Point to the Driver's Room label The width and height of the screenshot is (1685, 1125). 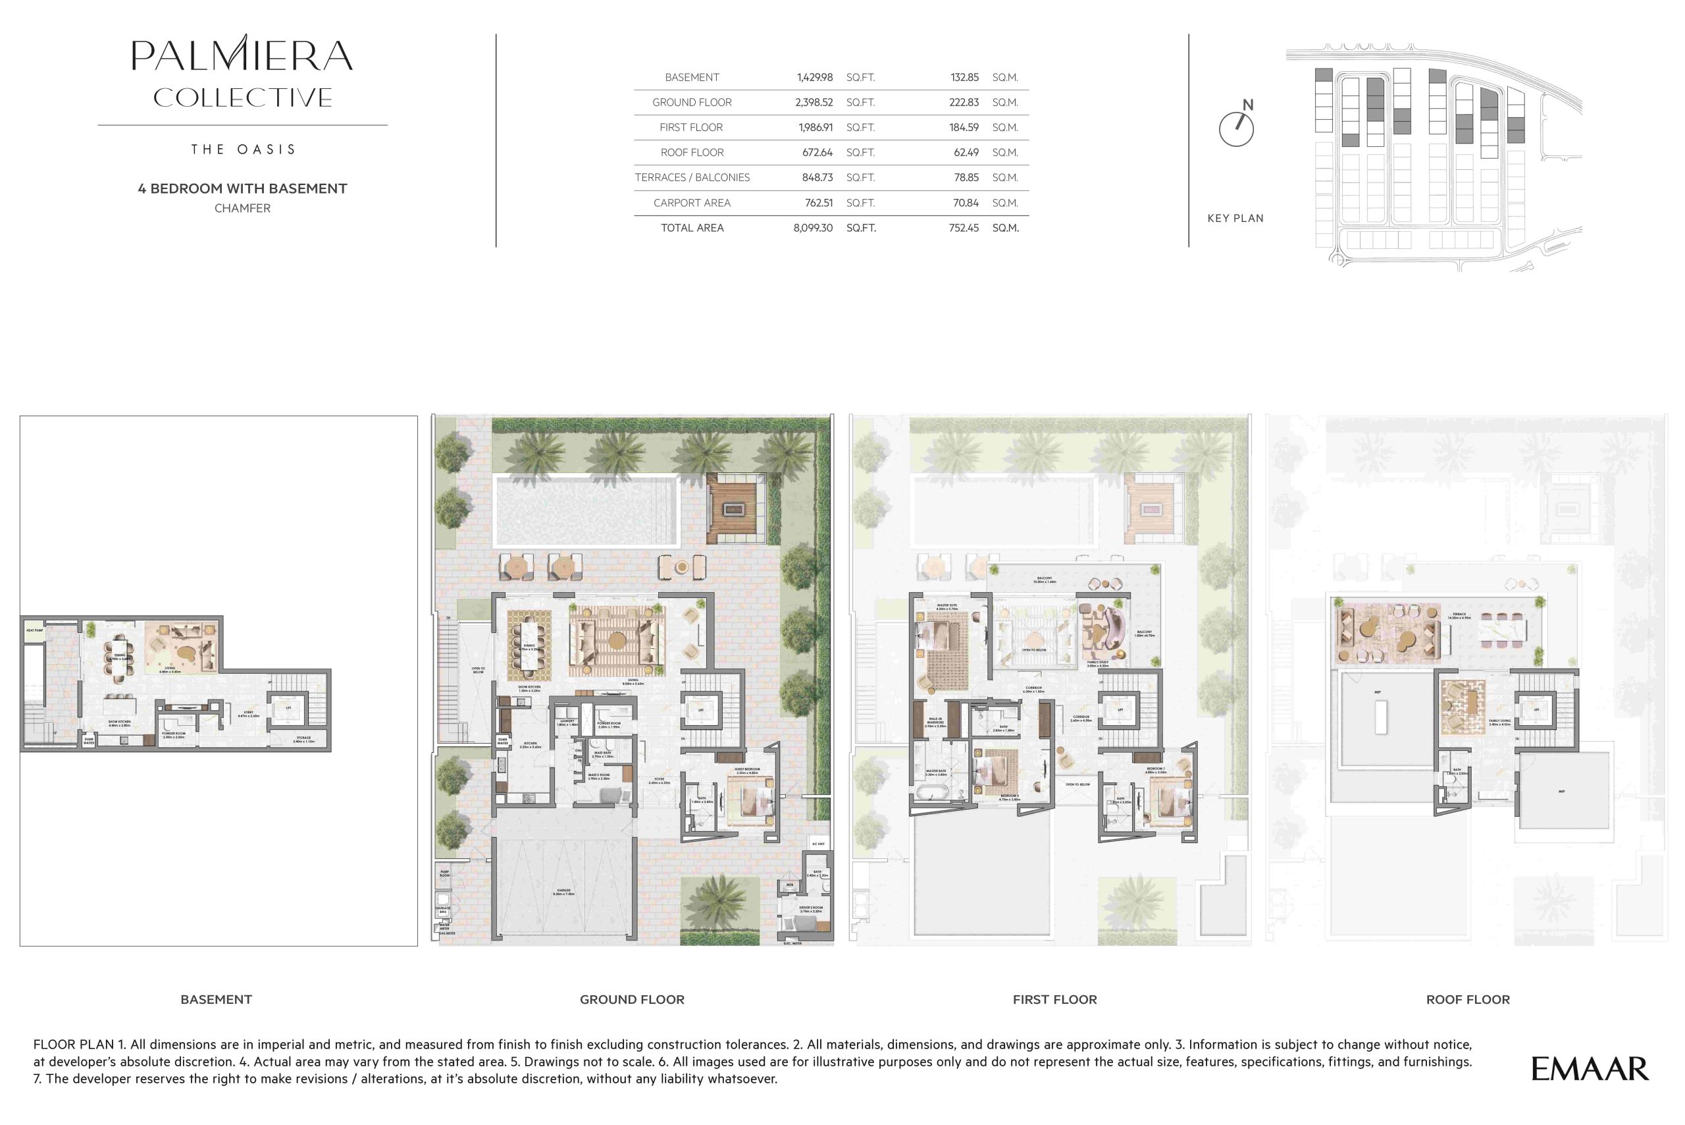click(x=811, y=908)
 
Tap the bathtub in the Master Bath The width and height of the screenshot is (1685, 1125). click(x=931, y=794)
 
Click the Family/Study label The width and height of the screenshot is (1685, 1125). click(x=1097, y=664)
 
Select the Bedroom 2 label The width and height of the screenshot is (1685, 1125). click(x=1009, y=796)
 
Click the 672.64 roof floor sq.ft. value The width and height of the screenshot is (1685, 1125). click(x=817, y=153)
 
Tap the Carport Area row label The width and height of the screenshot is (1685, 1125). click(x=691, y=203)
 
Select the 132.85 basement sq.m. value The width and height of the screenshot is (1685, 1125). click(x=964, y=78)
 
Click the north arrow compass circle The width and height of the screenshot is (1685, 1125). click(x=1235, y=130)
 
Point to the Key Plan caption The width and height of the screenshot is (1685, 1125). click(x=1235, y=218)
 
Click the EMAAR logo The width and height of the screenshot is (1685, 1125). click(x=1590, y=1069)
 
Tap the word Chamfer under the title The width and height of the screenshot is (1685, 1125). click(x=242, y=208)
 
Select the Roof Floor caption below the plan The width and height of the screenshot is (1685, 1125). click(x=1467, y=999)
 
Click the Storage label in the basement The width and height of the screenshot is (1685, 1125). click(x=303, y=739)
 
